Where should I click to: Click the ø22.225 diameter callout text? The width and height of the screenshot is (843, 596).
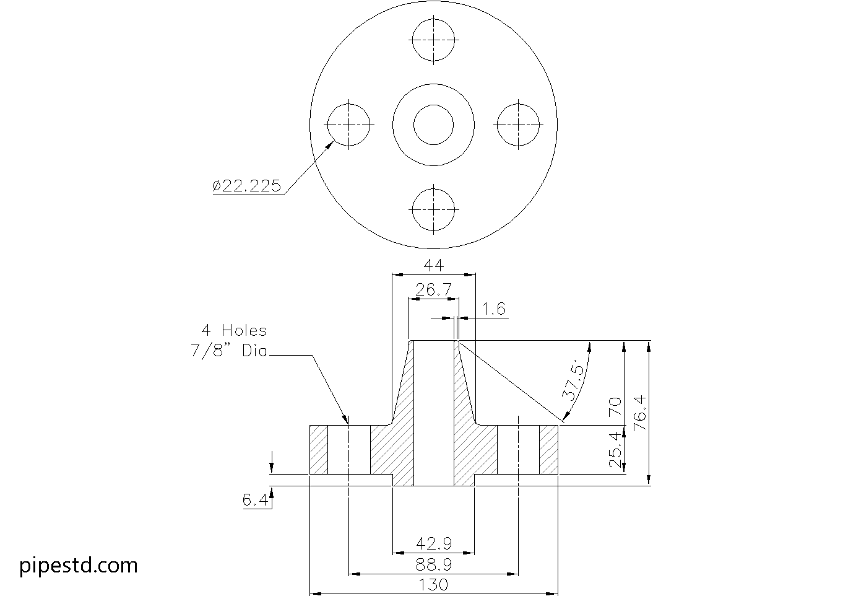[x=246, y=185]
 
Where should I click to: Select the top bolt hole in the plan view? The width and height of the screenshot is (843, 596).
[x=434, y=40]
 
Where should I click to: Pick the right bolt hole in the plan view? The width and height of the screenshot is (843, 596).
[x=519, y=125]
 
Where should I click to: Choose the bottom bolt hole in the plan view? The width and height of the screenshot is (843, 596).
[x=433, y=209]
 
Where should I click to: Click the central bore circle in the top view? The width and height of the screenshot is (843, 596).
[x=434, y=125]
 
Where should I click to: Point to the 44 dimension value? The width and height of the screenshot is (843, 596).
[x=433, y=265]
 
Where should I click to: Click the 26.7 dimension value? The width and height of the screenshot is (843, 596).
[x=433, y=289]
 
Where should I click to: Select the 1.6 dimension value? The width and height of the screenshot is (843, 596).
[x=494, y=309]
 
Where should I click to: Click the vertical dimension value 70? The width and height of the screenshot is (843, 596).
[x=614, y=406]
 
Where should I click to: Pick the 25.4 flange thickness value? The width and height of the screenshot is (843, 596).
[x=614, y=450]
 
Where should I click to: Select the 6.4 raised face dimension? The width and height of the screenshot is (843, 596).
[x=256, y=500]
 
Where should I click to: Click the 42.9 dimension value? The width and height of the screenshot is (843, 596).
[x=433, y=543]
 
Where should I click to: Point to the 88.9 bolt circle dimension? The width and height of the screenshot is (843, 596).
[x=433, y=564]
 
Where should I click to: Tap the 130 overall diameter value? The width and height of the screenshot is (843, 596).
[x=433, y=584]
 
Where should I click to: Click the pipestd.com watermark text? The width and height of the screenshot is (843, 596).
[x=79, y=565]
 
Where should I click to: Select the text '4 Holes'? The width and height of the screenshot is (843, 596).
[x=233, y=330]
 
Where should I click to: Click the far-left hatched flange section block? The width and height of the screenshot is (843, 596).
[x=318, y=450]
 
